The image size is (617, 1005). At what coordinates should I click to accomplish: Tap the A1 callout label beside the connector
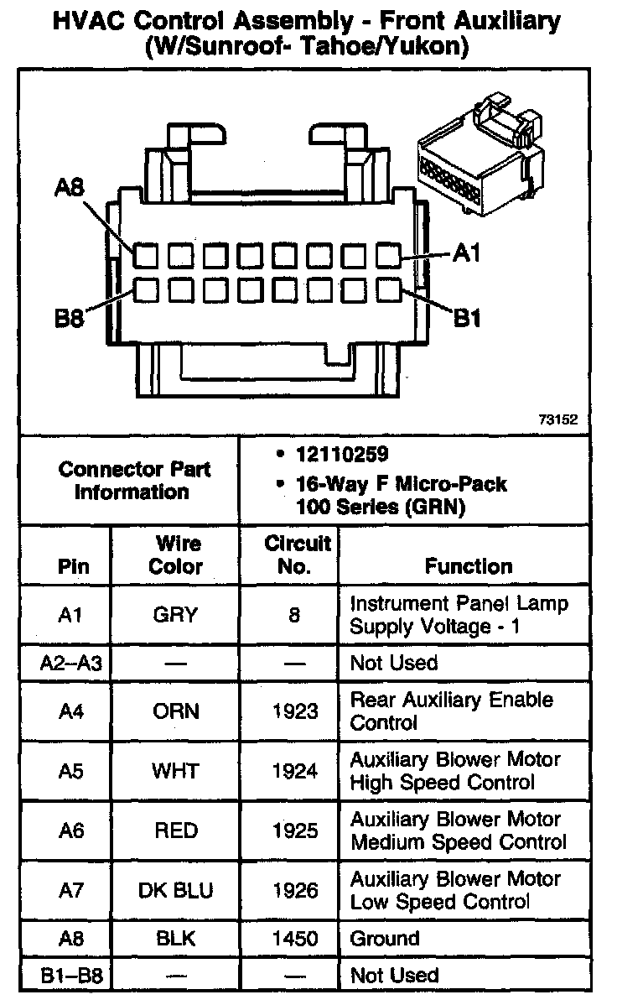click(x=468, y=254)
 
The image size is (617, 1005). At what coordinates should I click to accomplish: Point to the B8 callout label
click(x=70, y=319)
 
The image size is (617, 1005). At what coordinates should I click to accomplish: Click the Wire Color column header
click(x=175, y=555)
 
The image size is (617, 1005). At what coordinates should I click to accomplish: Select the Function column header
click(x=469, y=566)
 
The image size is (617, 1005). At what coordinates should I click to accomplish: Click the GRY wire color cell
click(x=175, y=615)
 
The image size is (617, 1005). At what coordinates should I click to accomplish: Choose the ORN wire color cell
click(x=175, y=711)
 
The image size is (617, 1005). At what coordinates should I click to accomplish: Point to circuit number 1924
click(x=294, y=771)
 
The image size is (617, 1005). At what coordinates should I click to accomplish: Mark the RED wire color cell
click(x=175, y=831)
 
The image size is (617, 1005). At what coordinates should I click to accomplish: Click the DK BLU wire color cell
click(x=175, y=891)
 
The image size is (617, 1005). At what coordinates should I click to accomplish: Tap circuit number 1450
click(x=294, y=939)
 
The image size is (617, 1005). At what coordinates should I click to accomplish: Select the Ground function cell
click(x=385, y=939)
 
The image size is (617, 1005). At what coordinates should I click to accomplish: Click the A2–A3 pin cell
click(x=70, y=664)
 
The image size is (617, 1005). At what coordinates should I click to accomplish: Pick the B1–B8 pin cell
click(x=70, y=976)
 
